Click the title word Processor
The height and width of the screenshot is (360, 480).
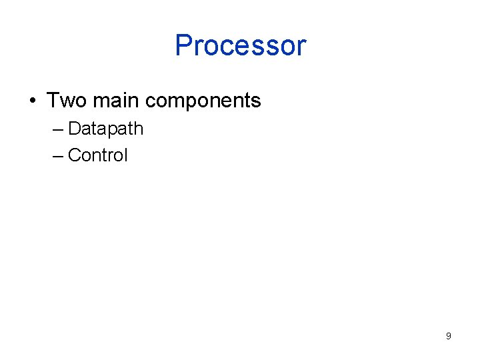[x=240, y=45]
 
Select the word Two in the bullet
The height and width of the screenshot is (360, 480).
[x=67, y=101]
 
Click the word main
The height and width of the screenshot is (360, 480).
[x=116, y=101]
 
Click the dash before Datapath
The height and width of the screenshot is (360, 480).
[x=57, y=129]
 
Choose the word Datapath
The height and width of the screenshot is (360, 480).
[x=105, y=129]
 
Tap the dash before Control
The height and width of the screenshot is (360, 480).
[x=57, y=155]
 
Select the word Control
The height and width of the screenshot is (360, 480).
[x=97, y=155]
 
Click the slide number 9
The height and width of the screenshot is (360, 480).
[x=448, y=336]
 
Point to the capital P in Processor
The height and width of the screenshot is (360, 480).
[x=183, y=45]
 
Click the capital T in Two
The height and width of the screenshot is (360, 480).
[x=53, y=101]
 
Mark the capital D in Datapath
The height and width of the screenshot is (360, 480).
[x=74, y=128]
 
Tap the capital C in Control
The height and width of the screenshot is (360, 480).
[x=74, y=155]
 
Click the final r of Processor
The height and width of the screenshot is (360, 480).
[x=301, y=48]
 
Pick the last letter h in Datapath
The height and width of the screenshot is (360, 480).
[x=139, y=128]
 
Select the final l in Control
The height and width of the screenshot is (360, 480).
[x=125, y=155]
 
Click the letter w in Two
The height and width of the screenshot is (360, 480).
[x=65, y=101]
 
